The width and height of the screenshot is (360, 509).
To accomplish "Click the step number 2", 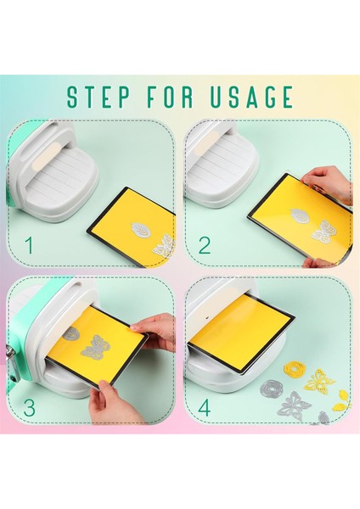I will [204, 246].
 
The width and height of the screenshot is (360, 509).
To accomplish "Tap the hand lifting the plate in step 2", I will [331, 182].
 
